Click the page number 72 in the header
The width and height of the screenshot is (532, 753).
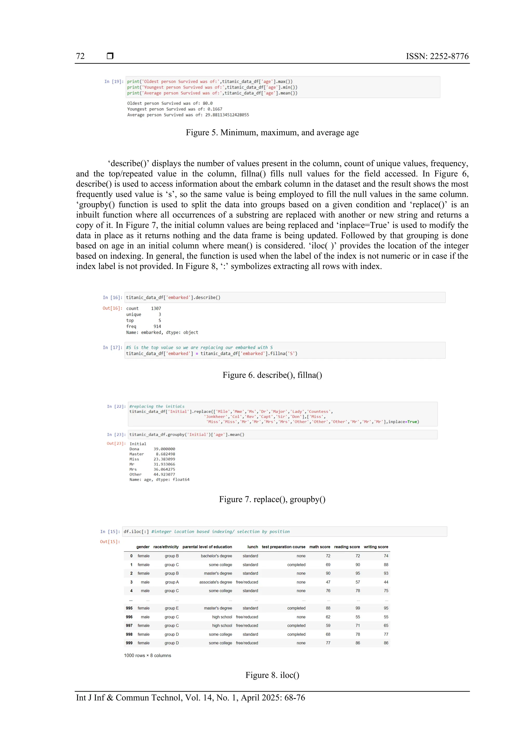[80, 56]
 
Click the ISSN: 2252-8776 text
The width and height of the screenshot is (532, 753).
[437, 56]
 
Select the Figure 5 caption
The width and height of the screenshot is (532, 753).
[272, 133]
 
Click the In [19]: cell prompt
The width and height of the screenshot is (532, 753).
[114, 81]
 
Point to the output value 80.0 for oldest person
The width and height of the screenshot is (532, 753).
[208, 103]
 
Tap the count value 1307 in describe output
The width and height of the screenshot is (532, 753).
[156, 308]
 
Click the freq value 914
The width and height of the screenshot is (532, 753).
[157, 326]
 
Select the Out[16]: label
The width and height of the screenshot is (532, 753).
[112, 308]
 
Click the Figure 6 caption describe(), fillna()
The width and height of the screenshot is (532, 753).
[272, 375]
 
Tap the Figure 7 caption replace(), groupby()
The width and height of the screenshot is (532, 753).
[272, 499]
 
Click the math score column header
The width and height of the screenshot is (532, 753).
[320, 547]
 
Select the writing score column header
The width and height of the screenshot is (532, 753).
[376, 547]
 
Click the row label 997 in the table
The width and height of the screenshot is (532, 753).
[129, 625]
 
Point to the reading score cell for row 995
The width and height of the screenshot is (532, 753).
[358, 608]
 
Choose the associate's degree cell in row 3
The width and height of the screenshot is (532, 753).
[215, 582]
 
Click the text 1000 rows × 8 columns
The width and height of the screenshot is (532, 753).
[148, 655]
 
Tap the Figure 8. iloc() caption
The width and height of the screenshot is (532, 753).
[272, 675]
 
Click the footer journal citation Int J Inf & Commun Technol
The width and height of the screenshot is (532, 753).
[190, 697]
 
